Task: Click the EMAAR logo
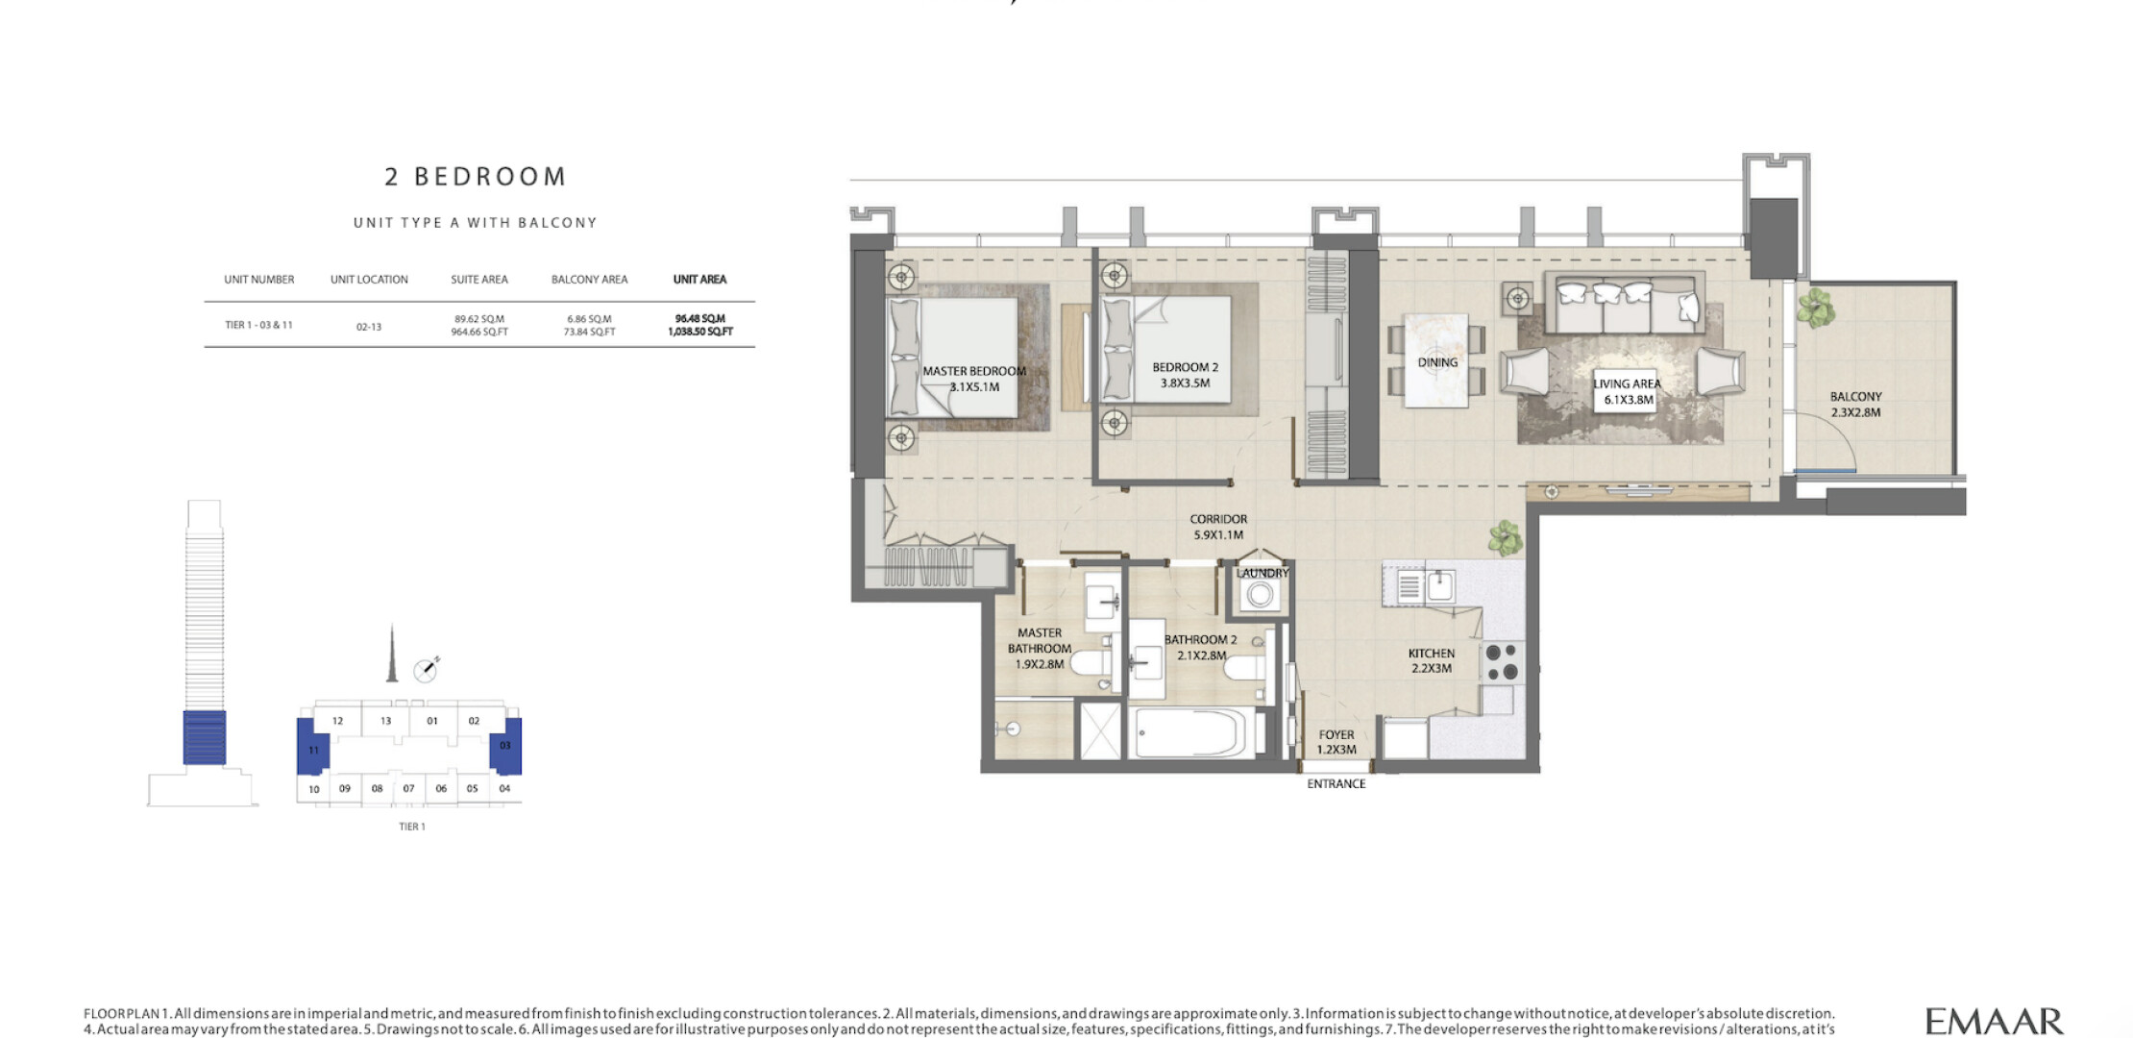1994,1021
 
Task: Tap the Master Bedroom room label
974,371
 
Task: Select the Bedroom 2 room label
1185,367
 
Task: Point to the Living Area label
1627,383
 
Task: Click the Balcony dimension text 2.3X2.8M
1855,412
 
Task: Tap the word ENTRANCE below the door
1336,784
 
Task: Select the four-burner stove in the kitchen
1502,662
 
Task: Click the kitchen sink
1439,585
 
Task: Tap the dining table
1436,360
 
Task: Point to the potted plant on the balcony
1815,308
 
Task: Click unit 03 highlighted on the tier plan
505,745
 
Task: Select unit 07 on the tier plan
408,789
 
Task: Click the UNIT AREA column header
699,280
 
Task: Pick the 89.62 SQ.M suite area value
479,319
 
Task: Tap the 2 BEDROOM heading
476,177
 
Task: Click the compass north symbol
426,669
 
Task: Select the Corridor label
1218,519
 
